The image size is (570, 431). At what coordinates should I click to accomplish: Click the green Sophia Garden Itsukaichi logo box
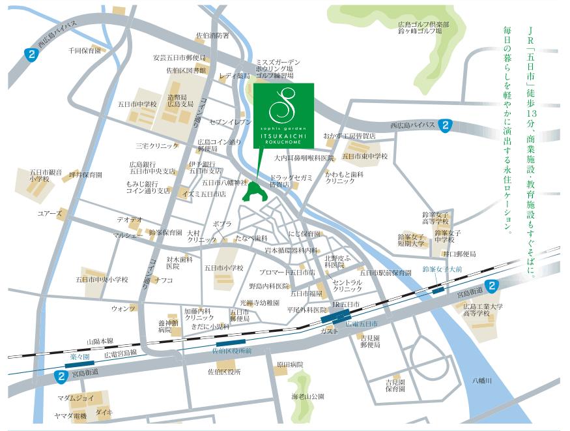pyautogui.click(x=283, y=115)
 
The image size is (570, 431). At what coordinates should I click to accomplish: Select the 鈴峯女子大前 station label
pyautogui.click(x=442, y=269)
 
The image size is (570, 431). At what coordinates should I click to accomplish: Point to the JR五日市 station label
pyautogui.click(x=345, y=305)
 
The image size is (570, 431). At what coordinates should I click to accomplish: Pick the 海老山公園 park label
pyautogui.click(x=308, y=396)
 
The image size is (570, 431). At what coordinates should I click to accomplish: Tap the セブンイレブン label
pyautogui.click(x=231, y=122)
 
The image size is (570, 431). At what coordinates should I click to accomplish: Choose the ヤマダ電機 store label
pyautogui.click(x=70, y=415)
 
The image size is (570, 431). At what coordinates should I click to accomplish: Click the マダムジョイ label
pyautogui.click(x=76, y=397)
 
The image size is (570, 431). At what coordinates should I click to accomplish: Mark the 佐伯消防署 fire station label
pyautogui.click(x=212, y=35)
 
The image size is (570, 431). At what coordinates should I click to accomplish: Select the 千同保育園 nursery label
pyautogui.click(x=85, y=50)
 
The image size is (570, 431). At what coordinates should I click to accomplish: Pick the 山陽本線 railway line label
pyautogui.click(x=100, y=341)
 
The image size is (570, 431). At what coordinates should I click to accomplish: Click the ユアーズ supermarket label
pyautogui.click(x=50, y=213)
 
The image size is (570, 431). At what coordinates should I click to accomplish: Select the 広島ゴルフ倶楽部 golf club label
pyautogui.click(x=423, y=24)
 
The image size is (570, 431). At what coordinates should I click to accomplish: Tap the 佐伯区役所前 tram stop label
pyautogui.click(x=231, y=350)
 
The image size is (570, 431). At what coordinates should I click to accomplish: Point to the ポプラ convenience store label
pyautogui.click(x=222, y=224)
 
